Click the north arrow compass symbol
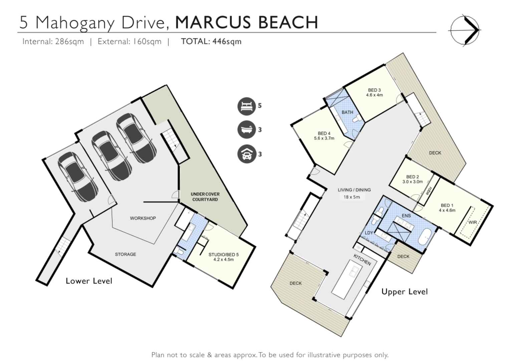[465, 30]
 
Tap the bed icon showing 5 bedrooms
[246, 106]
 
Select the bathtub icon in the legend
[246, 130]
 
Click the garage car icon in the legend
[246, 154]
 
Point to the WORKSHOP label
[143, 218]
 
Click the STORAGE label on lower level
[125, 254]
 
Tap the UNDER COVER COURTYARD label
[205, 197]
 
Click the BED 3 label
[374, 90]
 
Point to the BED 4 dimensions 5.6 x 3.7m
[324, 138]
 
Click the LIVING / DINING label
[354, 190]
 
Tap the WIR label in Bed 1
[473, 222]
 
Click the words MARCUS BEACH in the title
[246, 22]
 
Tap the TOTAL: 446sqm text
[211, 41]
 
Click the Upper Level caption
[404, 292]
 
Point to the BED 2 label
[412, 177]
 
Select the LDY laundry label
[368, 233]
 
